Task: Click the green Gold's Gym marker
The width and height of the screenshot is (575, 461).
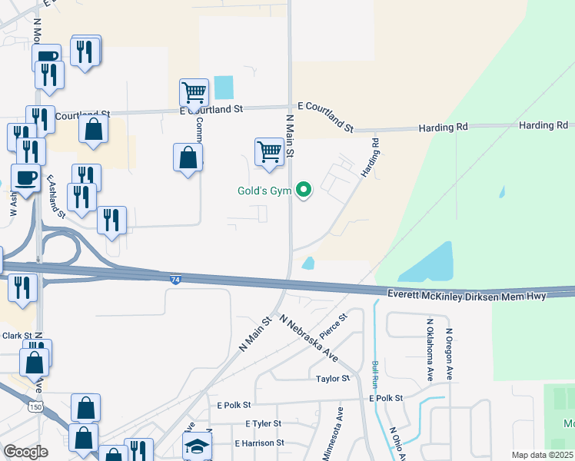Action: [x=304, y=189]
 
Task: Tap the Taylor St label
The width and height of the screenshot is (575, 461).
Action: [x=333, y=379]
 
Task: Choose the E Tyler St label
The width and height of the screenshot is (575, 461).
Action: [x=264, y=423]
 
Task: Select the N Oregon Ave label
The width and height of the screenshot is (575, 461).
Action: [x=449, y=354]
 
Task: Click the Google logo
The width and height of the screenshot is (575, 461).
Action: [x=25, y=452]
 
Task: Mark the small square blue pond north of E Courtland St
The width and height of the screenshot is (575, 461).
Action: [x=223, y=87]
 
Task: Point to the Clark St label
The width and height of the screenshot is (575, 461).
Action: [x=16, y=336]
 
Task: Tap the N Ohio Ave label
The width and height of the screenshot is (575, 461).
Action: [x=397, y=443]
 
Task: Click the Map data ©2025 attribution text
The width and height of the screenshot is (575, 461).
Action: [x=541, y=455]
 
